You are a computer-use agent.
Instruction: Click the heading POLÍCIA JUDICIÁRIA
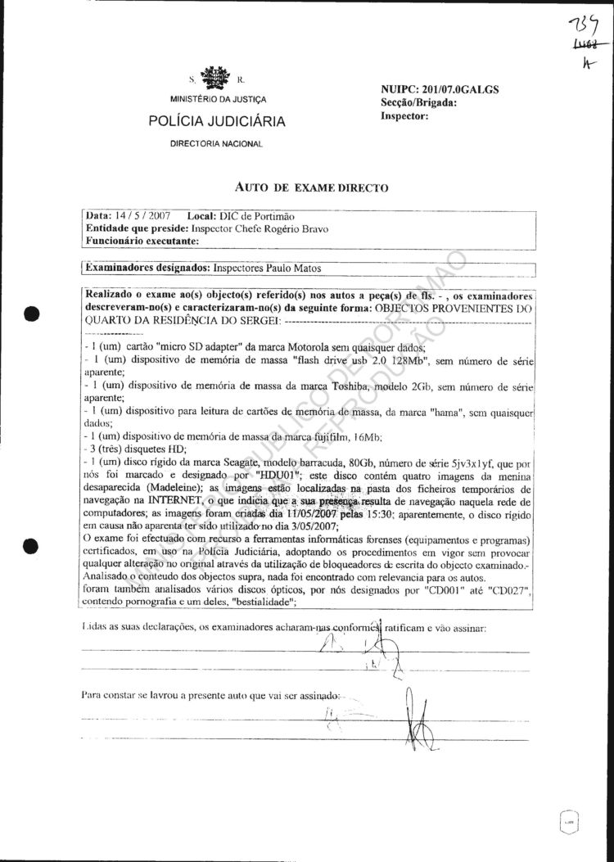[x=217, y=122]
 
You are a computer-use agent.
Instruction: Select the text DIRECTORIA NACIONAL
[x=216, y=144]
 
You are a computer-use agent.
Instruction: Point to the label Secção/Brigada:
[x=419, y=102]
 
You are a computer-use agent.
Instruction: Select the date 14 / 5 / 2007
[x=138, y=215]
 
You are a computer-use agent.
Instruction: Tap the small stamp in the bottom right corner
[x=567, y=819]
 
